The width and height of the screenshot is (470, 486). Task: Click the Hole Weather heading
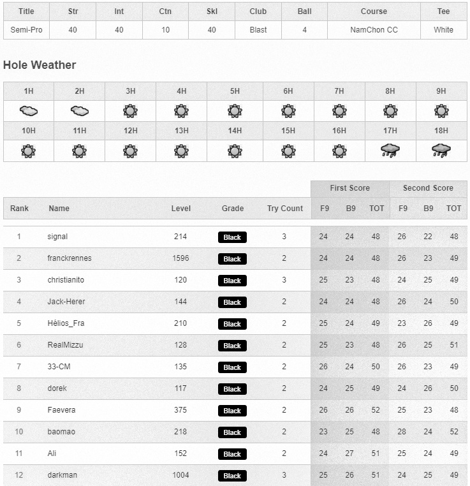point(40,65)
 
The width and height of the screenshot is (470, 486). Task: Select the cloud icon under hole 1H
point(29,110)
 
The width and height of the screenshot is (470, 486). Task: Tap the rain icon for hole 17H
point(390,151)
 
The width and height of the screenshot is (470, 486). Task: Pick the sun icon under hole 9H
point(441,110)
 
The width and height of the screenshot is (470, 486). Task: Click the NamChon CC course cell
point(374,30)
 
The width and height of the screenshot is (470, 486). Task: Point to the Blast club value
point(258,30)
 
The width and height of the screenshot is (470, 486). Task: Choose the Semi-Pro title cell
point(26,30)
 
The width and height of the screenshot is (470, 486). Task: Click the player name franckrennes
point(70,258)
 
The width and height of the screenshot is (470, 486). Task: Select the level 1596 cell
point(180,258)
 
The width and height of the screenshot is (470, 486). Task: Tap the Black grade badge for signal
point(232,237)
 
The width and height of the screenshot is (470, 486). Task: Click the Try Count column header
point(285,209)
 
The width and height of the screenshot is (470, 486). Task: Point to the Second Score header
point(428,188)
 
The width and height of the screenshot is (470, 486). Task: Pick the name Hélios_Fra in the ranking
point(66,323)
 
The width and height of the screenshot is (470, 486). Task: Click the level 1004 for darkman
point(180,475)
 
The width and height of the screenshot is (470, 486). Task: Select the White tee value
point(443,30)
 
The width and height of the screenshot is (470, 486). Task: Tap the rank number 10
point(19,432)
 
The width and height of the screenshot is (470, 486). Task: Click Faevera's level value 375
point(180,410)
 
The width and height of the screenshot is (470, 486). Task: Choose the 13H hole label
point(182,131)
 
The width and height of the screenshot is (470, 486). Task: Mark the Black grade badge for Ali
point(232,454)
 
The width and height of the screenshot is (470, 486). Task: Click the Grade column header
point(233,209)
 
